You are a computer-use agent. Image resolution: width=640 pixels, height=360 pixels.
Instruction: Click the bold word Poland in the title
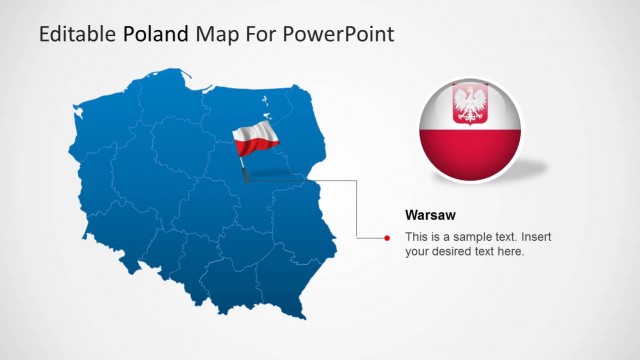point(155,34)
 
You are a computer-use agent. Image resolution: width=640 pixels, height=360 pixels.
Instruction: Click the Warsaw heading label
point(431,215)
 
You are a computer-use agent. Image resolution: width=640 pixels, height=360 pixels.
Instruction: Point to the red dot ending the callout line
point(387,238)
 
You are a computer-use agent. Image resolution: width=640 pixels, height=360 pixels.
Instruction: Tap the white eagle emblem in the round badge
point(469,104)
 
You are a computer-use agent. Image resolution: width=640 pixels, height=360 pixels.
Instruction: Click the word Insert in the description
point(535,237)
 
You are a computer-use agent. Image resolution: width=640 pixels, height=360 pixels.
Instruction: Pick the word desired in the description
point(451,252)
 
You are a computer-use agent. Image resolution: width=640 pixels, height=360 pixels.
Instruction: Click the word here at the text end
point(510,252)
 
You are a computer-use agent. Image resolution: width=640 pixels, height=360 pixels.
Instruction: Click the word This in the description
point(416,237)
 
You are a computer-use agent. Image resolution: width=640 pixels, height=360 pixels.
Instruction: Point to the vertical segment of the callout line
point(357,210)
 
